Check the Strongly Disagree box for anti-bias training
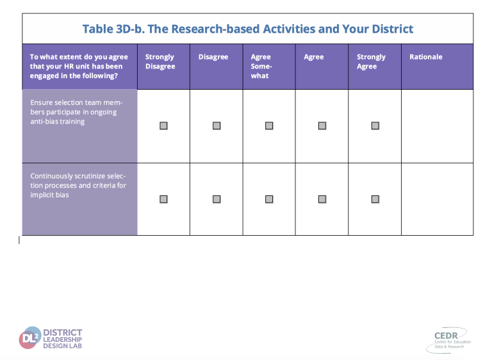click(x=163, y=126)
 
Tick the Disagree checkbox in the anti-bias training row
click(x=217, y=126)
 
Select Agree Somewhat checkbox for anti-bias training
click(x=269, y=126)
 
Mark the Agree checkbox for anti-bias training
click(x=322, y=126)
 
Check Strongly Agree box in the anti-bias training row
click(x=375, y=126)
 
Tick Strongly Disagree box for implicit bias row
click(x=163, y=199)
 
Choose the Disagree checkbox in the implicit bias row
click(x=217, y=199)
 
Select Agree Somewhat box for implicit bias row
click(x=269, y=199)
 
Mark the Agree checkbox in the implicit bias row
click(x=322, y=199)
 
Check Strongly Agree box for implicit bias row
click(x=375, y=199)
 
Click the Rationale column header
click(x=426, y=57)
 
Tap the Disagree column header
click(x=213, y=57)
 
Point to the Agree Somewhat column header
click(x=261, y=66)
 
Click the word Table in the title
click(x=98, y=29)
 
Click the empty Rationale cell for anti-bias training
click(x=437, y=126)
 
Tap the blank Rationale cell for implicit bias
click(x=437, y=199)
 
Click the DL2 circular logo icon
click(x=30, y=338)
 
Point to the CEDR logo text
click(x=446, y=336)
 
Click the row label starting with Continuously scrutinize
click(x=78, y=185)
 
